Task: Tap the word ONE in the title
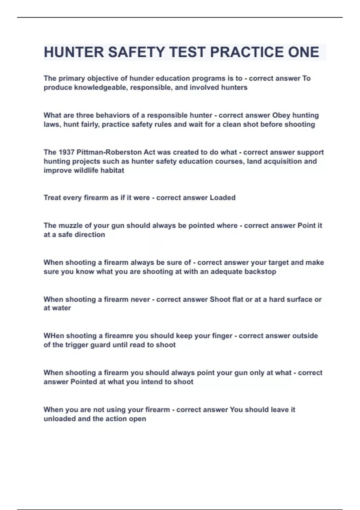(x=304, y=52)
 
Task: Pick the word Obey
(x=281, y=115)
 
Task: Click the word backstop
(x=260, y=272)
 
